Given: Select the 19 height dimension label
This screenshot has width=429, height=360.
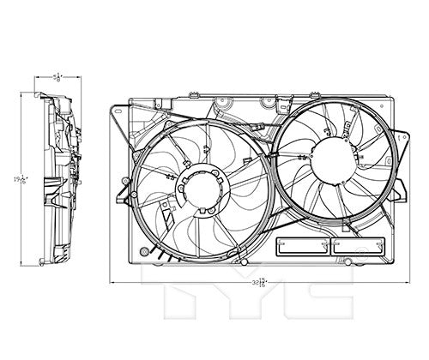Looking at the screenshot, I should [x=16, y=179].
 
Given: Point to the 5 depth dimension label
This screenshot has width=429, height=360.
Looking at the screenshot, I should [x=57, y=78].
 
